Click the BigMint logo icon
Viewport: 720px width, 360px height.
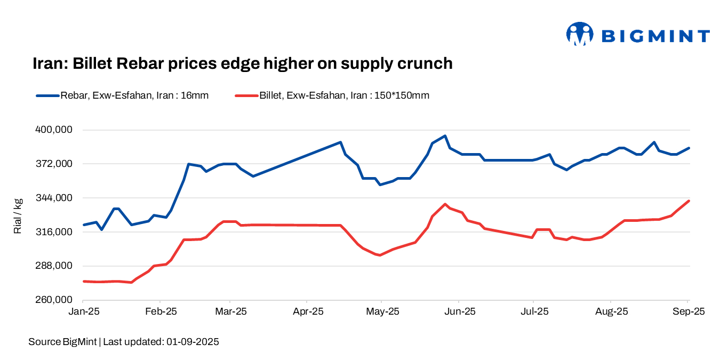579,35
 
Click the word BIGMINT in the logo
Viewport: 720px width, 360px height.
655,36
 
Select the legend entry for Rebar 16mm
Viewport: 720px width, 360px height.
122,96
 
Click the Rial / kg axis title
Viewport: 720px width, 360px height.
18,215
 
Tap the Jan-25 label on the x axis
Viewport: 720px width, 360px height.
84,312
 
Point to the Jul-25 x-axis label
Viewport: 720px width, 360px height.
533,312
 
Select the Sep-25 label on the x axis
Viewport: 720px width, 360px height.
688,312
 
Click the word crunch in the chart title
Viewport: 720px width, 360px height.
425,63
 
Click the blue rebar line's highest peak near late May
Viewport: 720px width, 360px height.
445,136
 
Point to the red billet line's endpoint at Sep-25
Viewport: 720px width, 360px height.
689,201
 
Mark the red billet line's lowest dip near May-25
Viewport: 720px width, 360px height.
379,255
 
